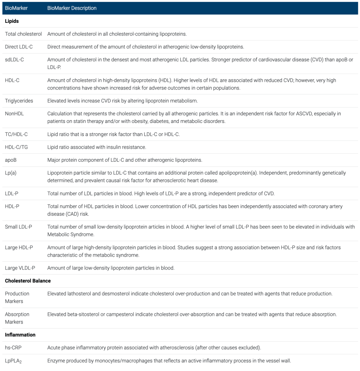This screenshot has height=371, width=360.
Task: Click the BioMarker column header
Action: pyautogui.click(x=16, y=8)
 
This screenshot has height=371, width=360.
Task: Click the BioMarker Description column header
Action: pyautogui.click(x=72, y=8)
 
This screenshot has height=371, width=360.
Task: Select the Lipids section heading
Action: pyautogui.click(x=12, y=21)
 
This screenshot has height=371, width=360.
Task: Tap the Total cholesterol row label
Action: pyautogui.click(x=23, y=34)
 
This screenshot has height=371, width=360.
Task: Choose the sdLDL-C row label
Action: pyautogui.click(x=15, y=59)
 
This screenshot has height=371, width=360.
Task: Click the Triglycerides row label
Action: pyautogui.click(x=19, y=101)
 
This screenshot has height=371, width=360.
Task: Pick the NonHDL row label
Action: pyautogui.click(x=14, y=114)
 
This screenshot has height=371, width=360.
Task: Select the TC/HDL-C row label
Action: pyautogui.click(x=16, y=134)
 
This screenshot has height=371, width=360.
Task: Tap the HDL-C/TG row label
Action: pyautogui.click(x=16, y=147)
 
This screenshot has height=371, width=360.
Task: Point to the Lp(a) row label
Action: pyautogui.click(x=11, y=173)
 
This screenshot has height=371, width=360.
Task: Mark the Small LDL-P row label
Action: pyautogui.click(x=19, y=227)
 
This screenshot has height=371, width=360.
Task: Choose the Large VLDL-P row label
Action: pyautogui.click(x=21, y=268)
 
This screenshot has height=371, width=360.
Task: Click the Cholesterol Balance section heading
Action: pyautogui.click(x=28, y=281)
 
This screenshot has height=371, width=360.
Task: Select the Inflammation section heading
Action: pyautogui.click(x=20, y=335)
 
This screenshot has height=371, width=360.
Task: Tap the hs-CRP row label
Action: pyautogui.click(x=13, y=348)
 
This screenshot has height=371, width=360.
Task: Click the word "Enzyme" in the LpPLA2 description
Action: pyautogui.click(x=56, y=361)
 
